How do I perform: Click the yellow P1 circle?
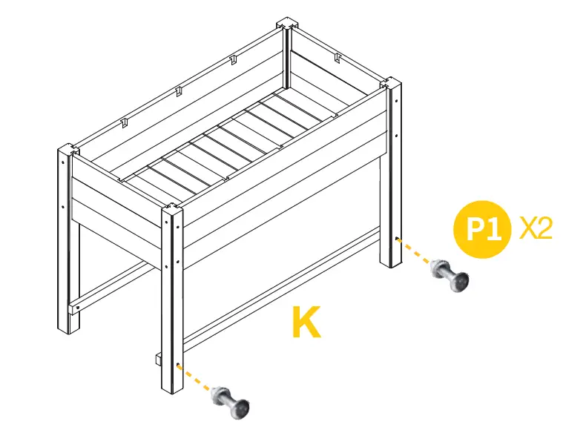tap(483, 228)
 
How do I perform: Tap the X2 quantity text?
tap(535, 228)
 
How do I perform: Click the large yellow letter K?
tap(306, 322)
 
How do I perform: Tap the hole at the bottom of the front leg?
tap(180, 366)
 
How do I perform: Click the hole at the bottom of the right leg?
tap(398, 240)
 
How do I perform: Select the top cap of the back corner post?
tap(288, 24)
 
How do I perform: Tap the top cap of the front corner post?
tap(171, 210)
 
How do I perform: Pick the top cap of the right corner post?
tap(391, 84)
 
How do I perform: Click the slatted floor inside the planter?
tap(230, 141)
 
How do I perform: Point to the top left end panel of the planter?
tap(119, 189)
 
